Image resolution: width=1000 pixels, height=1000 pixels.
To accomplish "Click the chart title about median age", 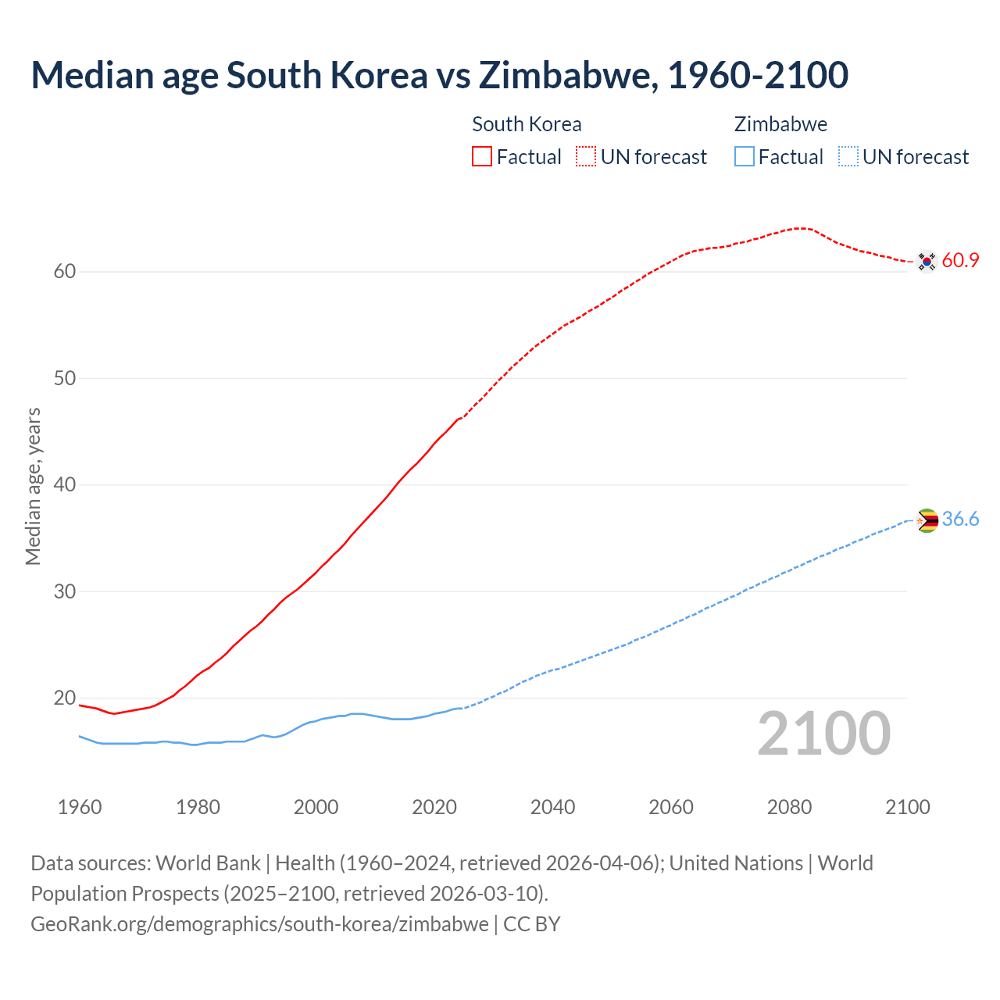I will [439, 76].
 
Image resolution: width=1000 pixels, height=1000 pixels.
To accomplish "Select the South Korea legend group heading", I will [527, 124].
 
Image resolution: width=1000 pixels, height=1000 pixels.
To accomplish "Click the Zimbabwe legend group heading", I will [780, 124].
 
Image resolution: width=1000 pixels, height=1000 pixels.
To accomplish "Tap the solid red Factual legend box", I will [482, 157].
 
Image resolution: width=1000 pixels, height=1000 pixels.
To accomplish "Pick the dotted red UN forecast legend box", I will [586, 157].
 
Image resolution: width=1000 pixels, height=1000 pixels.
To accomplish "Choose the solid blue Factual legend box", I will [745, 157].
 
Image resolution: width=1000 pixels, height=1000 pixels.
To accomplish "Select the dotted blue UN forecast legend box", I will [848, 157].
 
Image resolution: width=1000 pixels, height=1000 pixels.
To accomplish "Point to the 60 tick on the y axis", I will [64, 272].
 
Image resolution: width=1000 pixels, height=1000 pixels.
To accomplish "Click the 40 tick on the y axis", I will [64, 485].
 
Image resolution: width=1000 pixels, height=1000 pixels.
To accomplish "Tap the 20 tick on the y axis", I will [64, 698].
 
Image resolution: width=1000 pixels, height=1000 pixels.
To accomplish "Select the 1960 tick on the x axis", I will [80, 807].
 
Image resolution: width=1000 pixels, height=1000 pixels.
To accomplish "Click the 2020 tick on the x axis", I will [434, 807].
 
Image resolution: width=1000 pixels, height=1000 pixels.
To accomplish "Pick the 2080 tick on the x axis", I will [789, 807].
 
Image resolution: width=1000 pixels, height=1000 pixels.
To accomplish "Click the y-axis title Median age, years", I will [33, 486].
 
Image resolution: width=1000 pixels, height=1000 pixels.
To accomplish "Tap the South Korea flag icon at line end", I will [927, 261].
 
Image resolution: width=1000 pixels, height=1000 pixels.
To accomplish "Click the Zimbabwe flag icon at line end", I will [927, 520].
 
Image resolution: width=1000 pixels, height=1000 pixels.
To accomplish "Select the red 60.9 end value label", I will [960, 261].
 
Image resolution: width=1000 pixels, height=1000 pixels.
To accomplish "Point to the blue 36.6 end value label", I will [960, 520].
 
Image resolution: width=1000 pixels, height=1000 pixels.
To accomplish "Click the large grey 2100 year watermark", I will [823, 733].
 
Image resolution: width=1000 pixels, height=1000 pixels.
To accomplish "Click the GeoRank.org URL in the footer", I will [259, 924].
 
